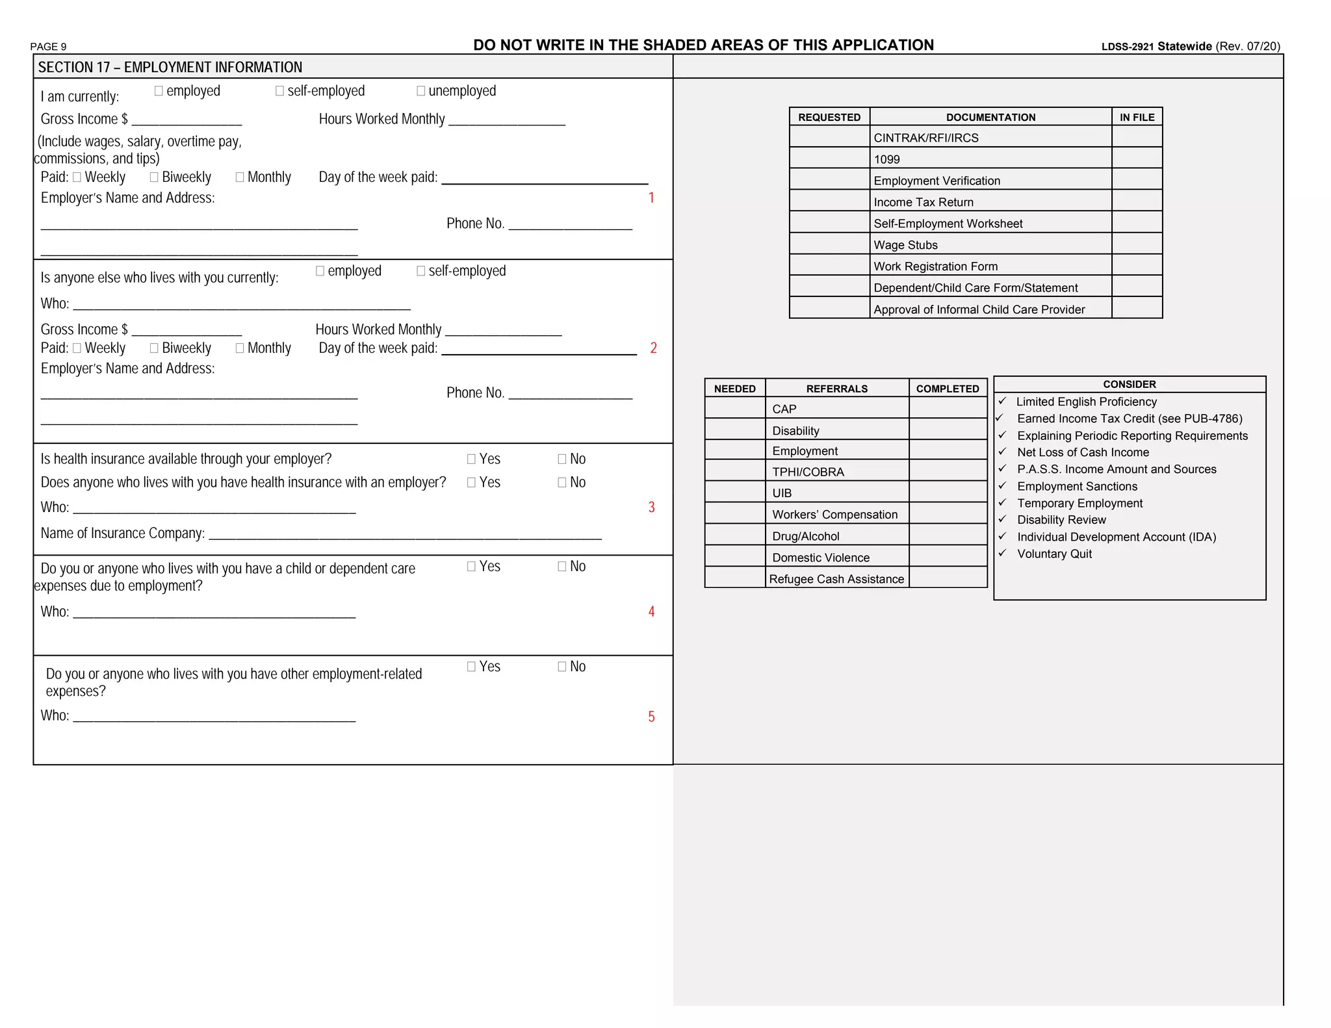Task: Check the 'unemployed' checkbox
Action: coord(420,91)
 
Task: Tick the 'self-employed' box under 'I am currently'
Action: coord(279,91)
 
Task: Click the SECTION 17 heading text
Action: coord(170,68)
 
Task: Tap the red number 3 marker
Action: coord(651,507)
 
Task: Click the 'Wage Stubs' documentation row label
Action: coord(905,245)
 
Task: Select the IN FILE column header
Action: coord(1137,117)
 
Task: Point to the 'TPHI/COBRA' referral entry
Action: coord(807,472)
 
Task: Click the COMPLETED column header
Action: coord(947,389)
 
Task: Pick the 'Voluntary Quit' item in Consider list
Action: coord(1053,554)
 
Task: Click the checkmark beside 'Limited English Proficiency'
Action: coord(1002,401)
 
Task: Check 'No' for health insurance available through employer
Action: coord(562,459)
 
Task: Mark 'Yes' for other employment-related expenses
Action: coord(471,667)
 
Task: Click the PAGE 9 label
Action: coord(48,47)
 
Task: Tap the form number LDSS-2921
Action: coord(1127,47)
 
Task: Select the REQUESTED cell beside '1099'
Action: coord(829,159)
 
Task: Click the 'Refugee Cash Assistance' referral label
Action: coord(836,578)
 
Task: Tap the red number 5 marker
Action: coord(651,716)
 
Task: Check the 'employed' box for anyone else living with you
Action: coord(320,271)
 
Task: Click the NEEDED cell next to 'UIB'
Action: coord(734,492)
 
